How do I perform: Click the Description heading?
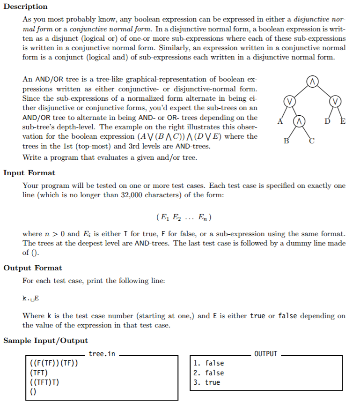tap(25, 7)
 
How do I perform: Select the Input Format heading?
tap(29, 173)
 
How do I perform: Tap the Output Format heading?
tap(32, 268)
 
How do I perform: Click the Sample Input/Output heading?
tap(45, 341)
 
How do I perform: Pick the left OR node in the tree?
tap(290, 101)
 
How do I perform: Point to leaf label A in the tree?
tap(280, 122)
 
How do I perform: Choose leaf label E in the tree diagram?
tap(344, 122)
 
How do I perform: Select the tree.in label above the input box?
tap(102, 354)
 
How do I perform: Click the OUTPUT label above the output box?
tap(265, 354)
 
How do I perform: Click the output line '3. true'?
tap(206, 383)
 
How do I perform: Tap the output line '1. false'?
tap(208, 364)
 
